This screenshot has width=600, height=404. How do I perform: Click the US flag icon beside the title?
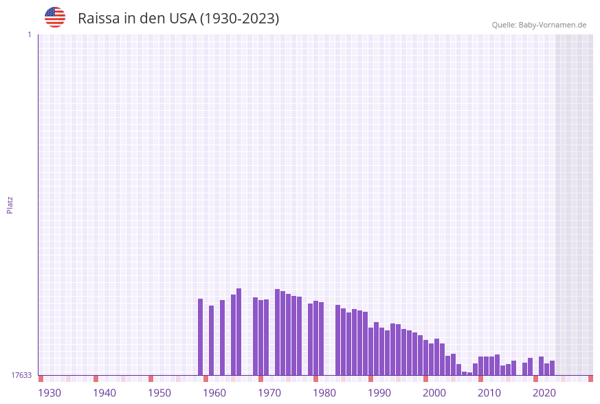pos(55,17)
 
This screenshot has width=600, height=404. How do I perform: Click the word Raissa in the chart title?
pos(99,19)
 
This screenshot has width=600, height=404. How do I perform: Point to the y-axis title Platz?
pos(10,204)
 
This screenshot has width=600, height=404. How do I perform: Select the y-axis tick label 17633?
pos(21,375)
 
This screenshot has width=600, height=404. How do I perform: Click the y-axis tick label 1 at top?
pos(29,34)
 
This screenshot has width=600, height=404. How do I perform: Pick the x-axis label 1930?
pos(49,393)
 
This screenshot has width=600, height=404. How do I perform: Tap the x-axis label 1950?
pos(159,393)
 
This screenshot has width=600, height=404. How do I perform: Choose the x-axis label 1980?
pos(324,393)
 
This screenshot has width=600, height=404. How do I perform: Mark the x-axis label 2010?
pos(489,393)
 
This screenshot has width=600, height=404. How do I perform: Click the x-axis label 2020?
pos(544,393)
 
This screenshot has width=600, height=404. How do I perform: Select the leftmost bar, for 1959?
pos(201,337)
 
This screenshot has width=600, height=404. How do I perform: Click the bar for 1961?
pos(212,341)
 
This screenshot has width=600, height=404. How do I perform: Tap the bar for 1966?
pos(239,332)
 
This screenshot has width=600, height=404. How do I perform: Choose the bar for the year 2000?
pos(426,358)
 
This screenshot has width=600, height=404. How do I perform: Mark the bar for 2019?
pos(531,367)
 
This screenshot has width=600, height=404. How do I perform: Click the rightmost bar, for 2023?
pos(553,368)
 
